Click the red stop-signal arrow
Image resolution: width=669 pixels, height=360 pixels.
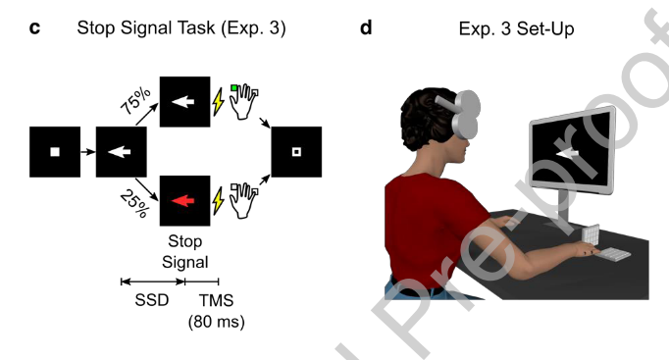(x=183, y=200)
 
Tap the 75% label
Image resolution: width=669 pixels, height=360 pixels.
(x=135, y=101)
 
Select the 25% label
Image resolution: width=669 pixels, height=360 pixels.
(x=134, y=203)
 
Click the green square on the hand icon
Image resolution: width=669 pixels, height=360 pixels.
(x=233, y=88)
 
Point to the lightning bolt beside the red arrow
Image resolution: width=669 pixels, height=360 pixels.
(x=219, y=200)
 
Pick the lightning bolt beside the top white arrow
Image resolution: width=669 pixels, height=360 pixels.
(x=219, y=101)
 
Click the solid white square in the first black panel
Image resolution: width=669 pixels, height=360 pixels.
(x=55, y=151)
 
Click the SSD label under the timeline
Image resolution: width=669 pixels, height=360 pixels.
(x=152, y=300)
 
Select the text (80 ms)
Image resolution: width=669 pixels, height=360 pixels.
(x=217, y=321)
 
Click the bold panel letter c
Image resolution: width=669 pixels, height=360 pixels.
(x=34, y=28)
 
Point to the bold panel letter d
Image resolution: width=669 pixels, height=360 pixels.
(x=366, y=27)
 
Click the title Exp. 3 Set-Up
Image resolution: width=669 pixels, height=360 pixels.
(x=516, y=29)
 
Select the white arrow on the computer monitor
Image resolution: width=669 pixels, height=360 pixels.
(x=568, y=152)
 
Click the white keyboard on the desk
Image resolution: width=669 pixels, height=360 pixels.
(x=612, y=255)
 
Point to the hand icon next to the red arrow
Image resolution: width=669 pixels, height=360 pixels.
(x=244, y=200)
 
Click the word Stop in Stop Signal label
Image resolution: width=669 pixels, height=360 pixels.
(x=184, y=241)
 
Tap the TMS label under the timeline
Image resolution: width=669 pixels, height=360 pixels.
(x=217, y=300)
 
